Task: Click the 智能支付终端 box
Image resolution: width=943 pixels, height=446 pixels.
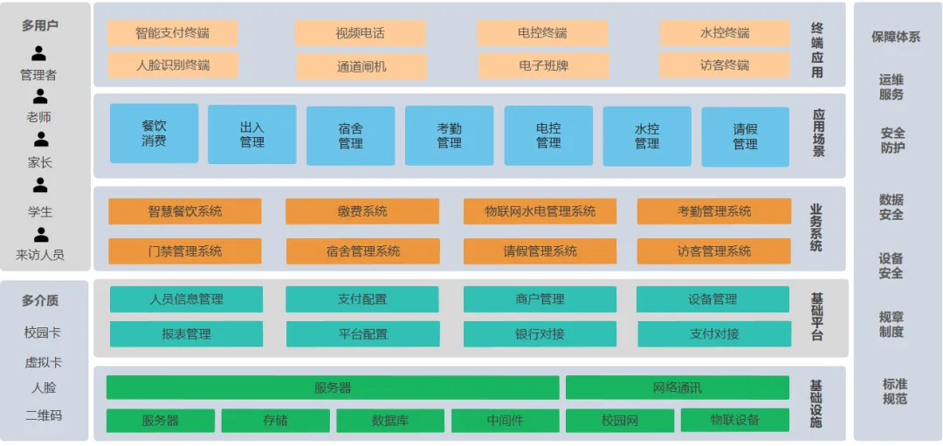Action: tap(172, 33)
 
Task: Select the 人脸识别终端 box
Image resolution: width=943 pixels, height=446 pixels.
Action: tap(172, 65)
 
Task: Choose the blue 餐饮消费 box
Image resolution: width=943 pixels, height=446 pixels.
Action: tap(154, 134)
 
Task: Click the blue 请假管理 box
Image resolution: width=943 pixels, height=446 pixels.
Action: tap(745, 137)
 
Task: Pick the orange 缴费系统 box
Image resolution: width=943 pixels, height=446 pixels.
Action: tap(362, 211)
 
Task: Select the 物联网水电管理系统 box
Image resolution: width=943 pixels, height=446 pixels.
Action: tap(540, 211)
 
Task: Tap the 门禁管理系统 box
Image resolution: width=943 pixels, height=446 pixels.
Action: tap(184, 251)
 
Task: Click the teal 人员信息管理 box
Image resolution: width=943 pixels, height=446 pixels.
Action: tap(186, 299)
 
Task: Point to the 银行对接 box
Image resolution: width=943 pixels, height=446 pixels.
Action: tap(540, 334)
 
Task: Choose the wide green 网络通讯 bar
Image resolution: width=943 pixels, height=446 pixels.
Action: tap(677, 388)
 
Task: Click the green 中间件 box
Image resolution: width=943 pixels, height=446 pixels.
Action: tap(505, 421)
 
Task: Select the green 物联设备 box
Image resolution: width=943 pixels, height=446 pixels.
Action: tap(734, 420)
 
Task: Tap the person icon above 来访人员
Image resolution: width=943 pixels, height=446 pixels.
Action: tap(40, 235)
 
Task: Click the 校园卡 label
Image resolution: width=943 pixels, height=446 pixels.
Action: tap(43, 333)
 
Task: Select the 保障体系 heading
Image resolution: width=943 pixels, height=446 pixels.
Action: tap(896, 37)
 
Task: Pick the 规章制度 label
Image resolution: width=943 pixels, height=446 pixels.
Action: tap(891, 324)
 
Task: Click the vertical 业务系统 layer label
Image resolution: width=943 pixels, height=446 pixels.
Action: tap(816, 228)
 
